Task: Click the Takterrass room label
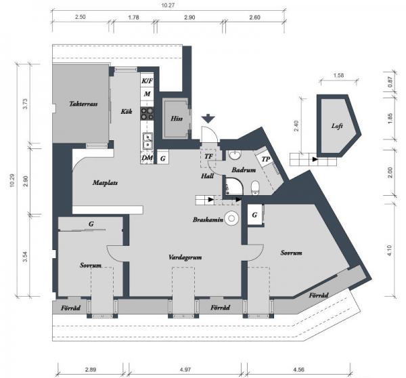(83, 104)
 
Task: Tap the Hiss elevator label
(177, 119)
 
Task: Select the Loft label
(337, 126)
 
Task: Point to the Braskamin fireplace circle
(231, 218)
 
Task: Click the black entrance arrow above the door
(208, 118)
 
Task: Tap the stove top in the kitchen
(147, 114)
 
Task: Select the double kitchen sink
(148, 141)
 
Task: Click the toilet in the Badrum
(255, 187)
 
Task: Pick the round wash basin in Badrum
(235, 156)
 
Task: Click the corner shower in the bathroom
(234, 186)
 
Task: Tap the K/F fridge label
(147, 81)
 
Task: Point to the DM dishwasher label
(147, 158)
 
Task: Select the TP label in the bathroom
(266, 159)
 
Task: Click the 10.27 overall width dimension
(168, 5)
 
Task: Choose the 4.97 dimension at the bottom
(185, 369)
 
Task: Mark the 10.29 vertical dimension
(12, 180)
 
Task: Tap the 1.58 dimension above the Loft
(338, 75)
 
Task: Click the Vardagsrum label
(185, 257)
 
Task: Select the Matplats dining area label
(105, 183)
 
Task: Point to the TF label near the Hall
(208, 156)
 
